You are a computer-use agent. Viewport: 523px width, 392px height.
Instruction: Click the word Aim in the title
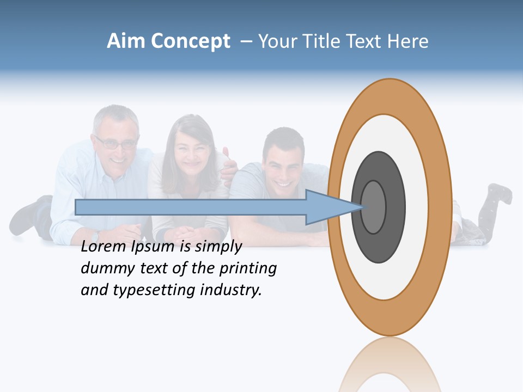click(x=126, y=41)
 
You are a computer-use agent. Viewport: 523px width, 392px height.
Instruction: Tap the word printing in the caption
click(x=247, y=269)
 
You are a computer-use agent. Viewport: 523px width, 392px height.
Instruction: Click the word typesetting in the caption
click(x=154, y=291)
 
